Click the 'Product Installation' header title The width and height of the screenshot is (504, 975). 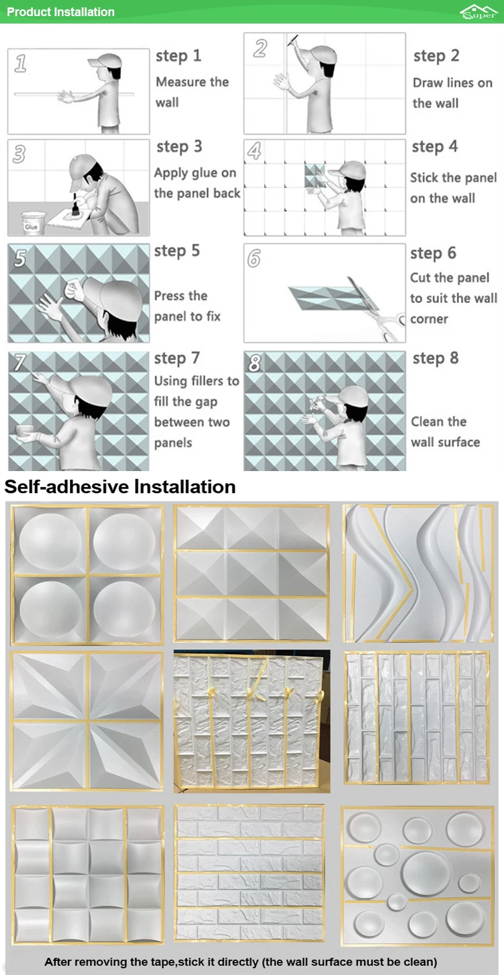tap(60, 11)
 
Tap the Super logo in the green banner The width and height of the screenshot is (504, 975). tap(478, 12)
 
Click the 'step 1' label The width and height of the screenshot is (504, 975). tap(179, 56)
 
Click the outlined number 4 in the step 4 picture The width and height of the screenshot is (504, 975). tap(254, 151)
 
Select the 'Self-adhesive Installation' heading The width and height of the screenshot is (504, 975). tap(120, 486)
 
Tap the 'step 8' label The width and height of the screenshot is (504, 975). tap(435, 358)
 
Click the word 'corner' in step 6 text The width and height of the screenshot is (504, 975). tap(429, 319)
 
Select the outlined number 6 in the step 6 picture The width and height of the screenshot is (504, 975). tap(254, 258)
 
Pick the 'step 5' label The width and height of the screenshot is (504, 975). tap(177, 251)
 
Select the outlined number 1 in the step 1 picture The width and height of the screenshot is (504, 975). tap(20, 63)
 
